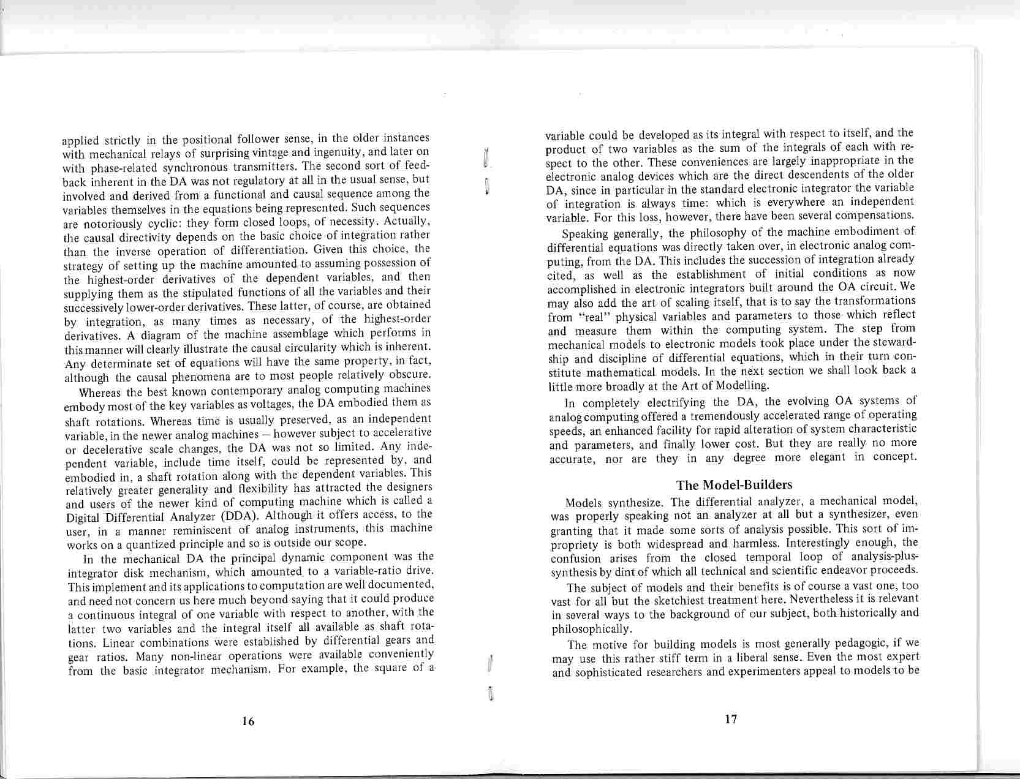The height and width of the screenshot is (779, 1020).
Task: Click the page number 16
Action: coord(248,721)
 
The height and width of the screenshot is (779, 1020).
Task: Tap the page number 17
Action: coord(730,719)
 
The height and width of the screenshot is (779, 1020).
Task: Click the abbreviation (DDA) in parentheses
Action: coord(232,515)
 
